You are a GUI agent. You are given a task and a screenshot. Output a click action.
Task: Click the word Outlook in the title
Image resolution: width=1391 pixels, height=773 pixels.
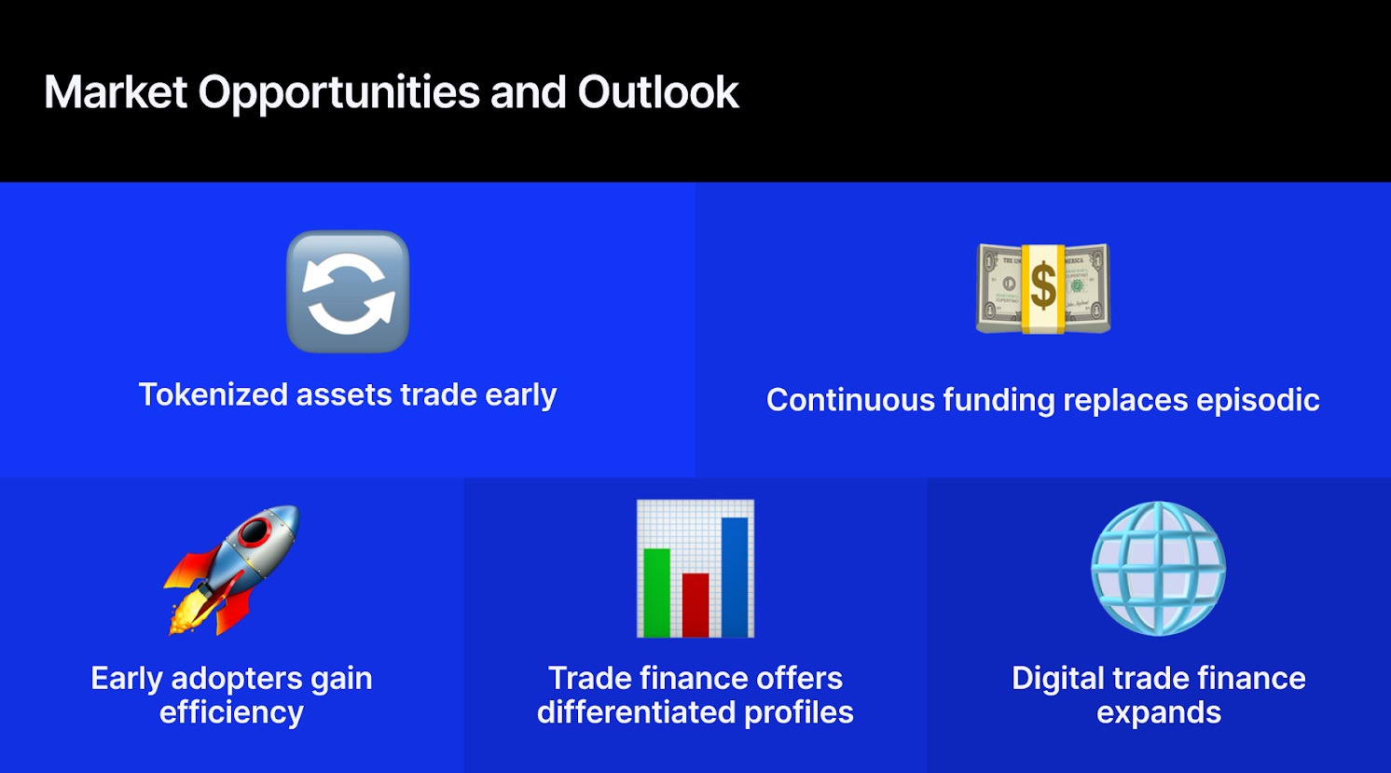(x=657, y=92)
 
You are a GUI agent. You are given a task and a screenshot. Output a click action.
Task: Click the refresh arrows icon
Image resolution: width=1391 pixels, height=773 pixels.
(x=348, y=292)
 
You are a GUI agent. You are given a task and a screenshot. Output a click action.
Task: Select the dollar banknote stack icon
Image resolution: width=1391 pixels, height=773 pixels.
(x=1042, y=288)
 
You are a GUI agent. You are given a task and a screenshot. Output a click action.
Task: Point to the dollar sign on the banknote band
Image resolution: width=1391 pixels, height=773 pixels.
(x=1043, y=286)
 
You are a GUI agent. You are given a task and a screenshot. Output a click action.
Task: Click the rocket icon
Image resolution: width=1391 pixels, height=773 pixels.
(x=233, y=569)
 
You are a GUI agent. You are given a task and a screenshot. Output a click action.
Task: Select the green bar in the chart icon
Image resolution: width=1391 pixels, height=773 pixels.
(x=656, y=591)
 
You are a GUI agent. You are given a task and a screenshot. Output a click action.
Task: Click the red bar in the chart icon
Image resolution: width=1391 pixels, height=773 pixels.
(x=695, y=603)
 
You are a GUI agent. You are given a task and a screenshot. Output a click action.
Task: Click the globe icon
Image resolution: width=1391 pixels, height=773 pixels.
(x=1158, y=569)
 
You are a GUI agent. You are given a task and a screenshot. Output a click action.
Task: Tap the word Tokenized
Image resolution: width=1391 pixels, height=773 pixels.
(x=213, y=394)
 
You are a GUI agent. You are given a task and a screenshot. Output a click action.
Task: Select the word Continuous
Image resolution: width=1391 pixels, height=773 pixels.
(x=850, y=400)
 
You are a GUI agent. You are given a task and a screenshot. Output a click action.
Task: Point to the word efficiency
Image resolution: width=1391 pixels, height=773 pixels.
(x=231, y=712)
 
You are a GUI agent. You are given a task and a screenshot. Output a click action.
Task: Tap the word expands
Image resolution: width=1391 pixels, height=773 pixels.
(x=1159, y=713)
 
